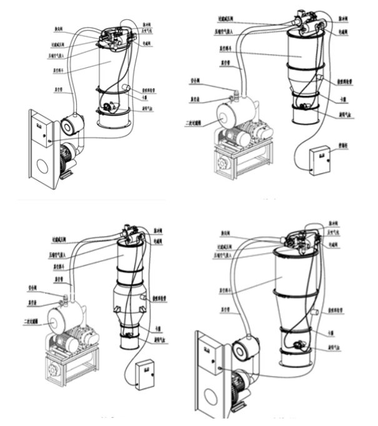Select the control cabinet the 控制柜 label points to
pyautogui.click(x=320, y=158)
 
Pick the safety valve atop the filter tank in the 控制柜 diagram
pyautogui.click(x=236, y=95)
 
